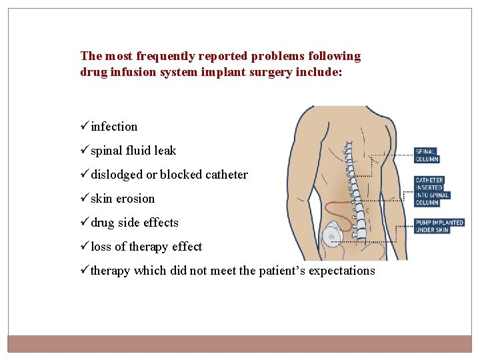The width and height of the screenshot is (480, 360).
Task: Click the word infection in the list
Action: coord(114,127)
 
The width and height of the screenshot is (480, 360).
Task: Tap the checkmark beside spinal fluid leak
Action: coord(85,151)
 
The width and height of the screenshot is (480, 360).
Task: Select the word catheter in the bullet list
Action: coord(227,175)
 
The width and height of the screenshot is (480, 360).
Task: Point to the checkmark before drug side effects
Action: coord(85,223)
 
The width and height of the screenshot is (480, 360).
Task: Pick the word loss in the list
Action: coord(101,247)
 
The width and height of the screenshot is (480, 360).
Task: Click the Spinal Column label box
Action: coord(427,155)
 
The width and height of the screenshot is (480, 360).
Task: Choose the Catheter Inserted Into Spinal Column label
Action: coord(432,191)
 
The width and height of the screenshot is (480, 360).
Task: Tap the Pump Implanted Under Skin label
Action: coord(439,226)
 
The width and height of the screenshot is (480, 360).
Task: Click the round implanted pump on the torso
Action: coord(333,237)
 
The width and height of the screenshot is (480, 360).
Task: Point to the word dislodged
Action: coord(117,175)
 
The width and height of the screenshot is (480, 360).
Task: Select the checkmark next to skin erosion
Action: coord(85,199)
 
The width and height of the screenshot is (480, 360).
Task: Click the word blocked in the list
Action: coord(180,175)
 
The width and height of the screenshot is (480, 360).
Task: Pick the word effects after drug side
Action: coord(161,223)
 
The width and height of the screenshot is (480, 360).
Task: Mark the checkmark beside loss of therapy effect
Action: coord(85,247)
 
